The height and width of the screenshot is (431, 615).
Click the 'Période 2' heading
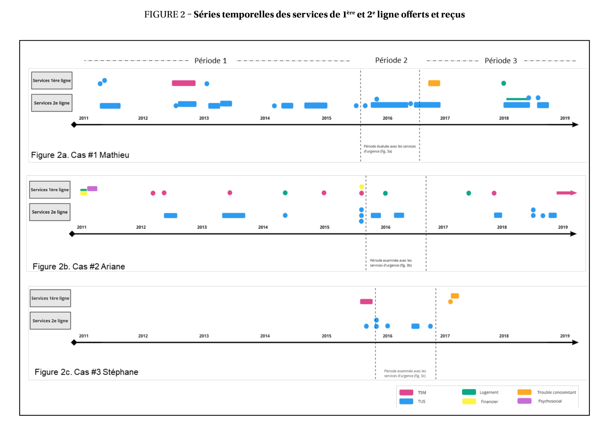[391, 60]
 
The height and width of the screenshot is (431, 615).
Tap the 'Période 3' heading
[501, 61]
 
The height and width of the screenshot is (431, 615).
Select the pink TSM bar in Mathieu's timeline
[184, 83]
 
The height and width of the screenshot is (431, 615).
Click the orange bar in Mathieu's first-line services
[434, 83]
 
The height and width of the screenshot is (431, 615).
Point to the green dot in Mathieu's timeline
[504, 83]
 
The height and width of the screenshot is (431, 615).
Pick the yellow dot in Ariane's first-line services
[362, 187]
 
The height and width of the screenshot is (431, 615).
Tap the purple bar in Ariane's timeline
[92, 189]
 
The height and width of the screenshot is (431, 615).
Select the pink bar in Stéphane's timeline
[366, 302]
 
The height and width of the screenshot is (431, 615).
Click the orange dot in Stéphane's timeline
[450, 302]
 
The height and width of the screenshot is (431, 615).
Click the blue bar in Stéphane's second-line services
[415, 326]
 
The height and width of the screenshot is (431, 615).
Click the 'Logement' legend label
[489, 392]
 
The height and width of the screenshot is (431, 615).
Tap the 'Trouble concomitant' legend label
[556, 392]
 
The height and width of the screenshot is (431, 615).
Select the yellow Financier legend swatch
[469, 401]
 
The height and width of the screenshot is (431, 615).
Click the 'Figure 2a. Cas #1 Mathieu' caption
[80, 155]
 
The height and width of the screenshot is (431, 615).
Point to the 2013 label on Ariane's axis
[202, 227]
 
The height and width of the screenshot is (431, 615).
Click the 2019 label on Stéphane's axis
[565, 336]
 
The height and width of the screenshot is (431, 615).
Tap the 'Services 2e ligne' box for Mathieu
[52, 103]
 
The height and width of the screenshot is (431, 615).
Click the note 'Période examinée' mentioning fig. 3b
[391, 263]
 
